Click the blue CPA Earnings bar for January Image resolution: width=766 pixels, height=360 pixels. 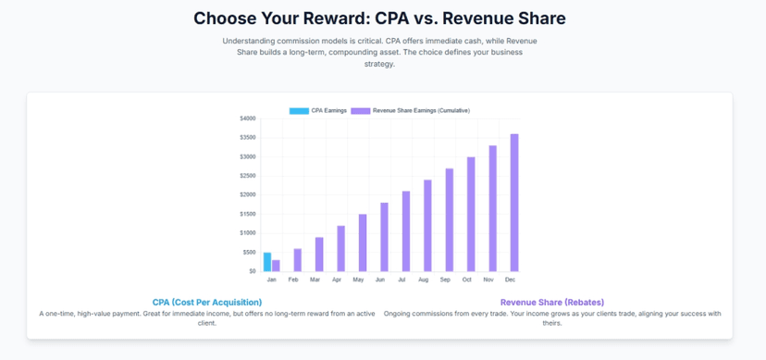coord(267,262)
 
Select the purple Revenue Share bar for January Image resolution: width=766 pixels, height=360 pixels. coord(276,266)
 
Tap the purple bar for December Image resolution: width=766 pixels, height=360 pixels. coord(514,203)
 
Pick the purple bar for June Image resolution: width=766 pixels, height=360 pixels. coord(385,237)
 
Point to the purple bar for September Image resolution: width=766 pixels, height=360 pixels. coord(450,220)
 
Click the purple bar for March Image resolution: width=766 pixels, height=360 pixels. coord(319,254)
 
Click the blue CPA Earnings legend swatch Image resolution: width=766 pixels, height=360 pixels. coord(299,111)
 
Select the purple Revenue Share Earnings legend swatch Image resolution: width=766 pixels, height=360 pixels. coord(361,111)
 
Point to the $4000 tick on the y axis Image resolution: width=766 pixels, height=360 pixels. coord(248,118)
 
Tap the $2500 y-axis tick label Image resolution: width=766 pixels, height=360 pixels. coord(248,176)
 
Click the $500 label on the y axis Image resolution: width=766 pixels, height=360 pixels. coord(249,253)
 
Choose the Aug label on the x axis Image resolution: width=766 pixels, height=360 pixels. coord(424,279)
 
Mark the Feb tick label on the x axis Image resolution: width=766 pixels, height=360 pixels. coord(293,279)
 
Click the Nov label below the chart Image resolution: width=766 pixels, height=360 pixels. coord(488,279)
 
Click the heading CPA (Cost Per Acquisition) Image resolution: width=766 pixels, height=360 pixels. coord(207,303)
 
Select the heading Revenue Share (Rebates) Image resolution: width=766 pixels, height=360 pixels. coord(552,303)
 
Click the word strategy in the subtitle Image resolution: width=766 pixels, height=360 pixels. coord(378,64)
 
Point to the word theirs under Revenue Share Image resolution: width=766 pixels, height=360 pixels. coord(552,323)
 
